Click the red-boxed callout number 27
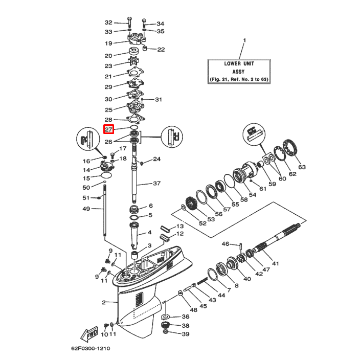click(108, 130)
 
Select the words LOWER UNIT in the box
click(239, 64)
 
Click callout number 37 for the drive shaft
click(156, 184)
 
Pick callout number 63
click(301, 167)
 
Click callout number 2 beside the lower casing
click(103, 302)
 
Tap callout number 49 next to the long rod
click(86, 209)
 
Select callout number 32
click(108, 23)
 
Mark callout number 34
click(160, 24)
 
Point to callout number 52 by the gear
click(203, 223)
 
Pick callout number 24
click(156, 159)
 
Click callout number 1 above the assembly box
click(244, 40)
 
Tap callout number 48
click(193, 310)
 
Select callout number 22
click(161, 50)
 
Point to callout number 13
click(179, 226)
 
